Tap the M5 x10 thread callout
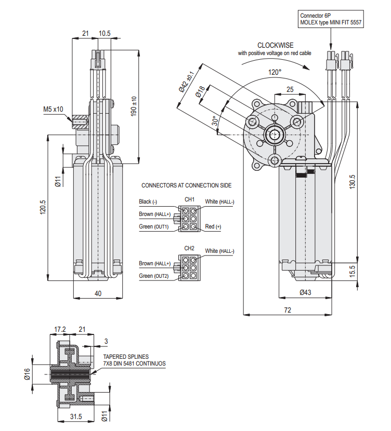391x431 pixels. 53,110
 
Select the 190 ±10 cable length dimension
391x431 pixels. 134,106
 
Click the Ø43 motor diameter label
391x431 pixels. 305,292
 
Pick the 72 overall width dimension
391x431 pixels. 287,310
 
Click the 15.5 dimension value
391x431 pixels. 353,271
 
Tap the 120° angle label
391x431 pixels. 275,72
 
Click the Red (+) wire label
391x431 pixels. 213,226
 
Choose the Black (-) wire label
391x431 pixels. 152,201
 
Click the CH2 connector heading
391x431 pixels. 189,248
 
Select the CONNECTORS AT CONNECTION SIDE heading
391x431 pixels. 187,185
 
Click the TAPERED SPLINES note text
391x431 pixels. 126,357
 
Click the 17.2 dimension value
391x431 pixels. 61,329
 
